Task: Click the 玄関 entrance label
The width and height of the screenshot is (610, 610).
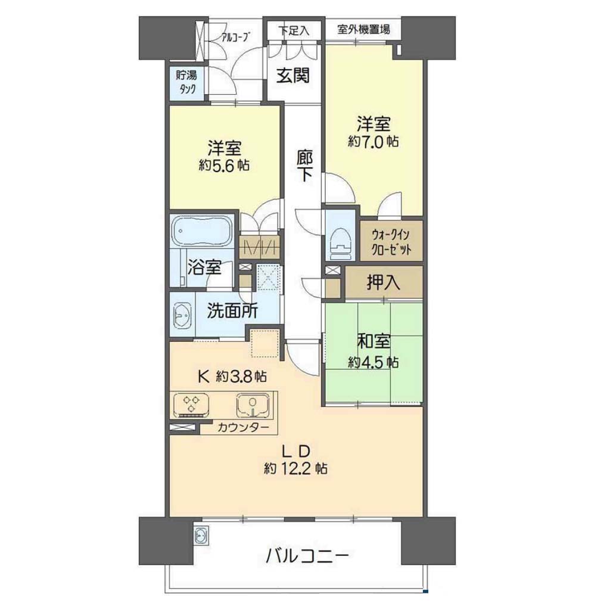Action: [293, 76]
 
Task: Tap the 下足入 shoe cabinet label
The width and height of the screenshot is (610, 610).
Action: [294, 30]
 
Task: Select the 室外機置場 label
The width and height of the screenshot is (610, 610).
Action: [363, 29]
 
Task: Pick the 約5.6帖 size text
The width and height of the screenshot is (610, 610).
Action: [224, 166]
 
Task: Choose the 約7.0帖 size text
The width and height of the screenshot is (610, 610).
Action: [373, 141]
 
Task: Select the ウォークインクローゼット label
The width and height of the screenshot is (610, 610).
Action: [391, 242]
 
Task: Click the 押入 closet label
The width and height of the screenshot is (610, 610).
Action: [383, 282]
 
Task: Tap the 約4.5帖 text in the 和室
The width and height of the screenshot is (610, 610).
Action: [373, 362]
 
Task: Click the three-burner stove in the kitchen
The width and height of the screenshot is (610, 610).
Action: [191, 404]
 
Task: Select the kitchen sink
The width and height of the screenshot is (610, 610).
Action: [253, 404]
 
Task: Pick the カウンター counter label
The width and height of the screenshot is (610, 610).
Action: [243, 428]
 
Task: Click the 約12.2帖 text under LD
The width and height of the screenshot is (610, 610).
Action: [295, 468]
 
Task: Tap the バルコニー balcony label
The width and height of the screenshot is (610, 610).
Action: [307, 556]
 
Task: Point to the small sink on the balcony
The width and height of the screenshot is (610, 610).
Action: [201, 536]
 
